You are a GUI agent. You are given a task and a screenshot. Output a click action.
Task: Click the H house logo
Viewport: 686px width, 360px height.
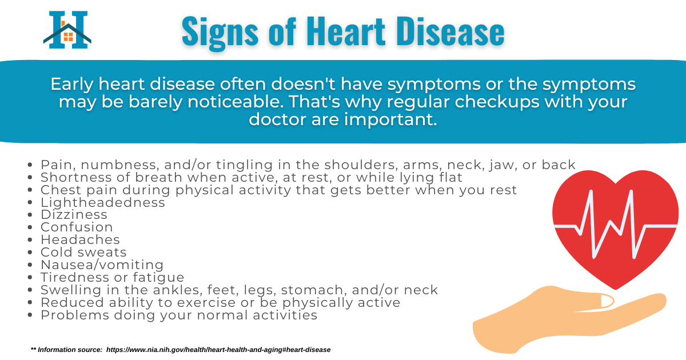[67, 30]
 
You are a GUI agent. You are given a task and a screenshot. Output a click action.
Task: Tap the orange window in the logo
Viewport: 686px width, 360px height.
[68, 37]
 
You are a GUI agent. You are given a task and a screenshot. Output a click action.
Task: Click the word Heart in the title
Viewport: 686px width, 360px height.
[345, 31]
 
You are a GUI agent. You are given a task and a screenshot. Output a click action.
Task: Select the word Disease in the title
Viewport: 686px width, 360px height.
[450, 31]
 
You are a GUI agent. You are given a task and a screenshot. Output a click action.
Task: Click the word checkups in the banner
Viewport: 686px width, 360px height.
[497, 102]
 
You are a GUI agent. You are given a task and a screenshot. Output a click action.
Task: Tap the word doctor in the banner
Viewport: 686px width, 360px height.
[278, 119]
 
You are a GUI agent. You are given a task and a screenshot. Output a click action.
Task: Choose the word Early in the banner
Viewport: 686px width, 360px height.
[72, 85]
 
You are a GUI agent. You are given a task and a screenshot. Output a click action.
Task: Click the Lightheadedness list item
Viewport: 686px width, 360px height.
[103, 203]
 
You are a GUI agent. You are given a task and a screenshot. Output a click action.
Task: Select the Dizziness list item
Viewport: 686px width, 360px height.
[74, 215]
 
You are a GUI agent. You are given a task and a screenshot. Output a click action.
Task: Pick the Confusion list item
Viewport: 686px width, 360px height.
[77, 227]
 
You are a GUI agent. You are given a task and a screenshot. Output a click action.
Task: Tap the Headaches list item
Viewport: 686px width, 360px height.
[80, 239]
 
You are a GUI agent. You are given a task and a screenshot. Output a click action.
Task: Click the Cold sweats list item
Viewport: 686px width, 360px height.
[83, 252]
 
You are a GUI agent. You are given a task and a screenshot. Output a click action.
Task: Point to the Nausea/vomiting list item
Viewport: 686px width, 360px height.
[102, 265]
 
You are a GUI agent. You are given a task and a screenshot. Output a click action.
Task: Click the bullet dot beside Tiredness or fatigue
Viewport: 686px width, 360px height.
[30, 277]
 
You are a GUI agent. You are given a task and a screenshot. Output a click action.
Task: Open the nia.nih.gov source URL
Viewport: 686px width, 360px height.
[218, 350]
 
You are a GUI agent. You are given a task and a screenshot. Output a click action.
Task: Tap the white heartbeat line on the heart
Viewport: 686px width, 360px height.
[616, 226]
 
